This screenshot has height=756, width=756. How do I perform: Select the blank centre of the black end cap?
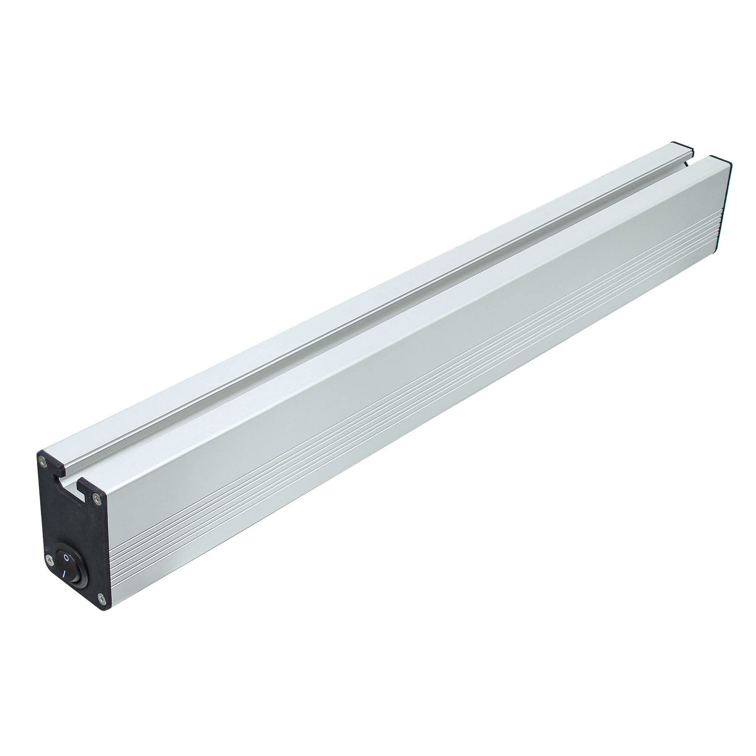coord(73,524)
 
